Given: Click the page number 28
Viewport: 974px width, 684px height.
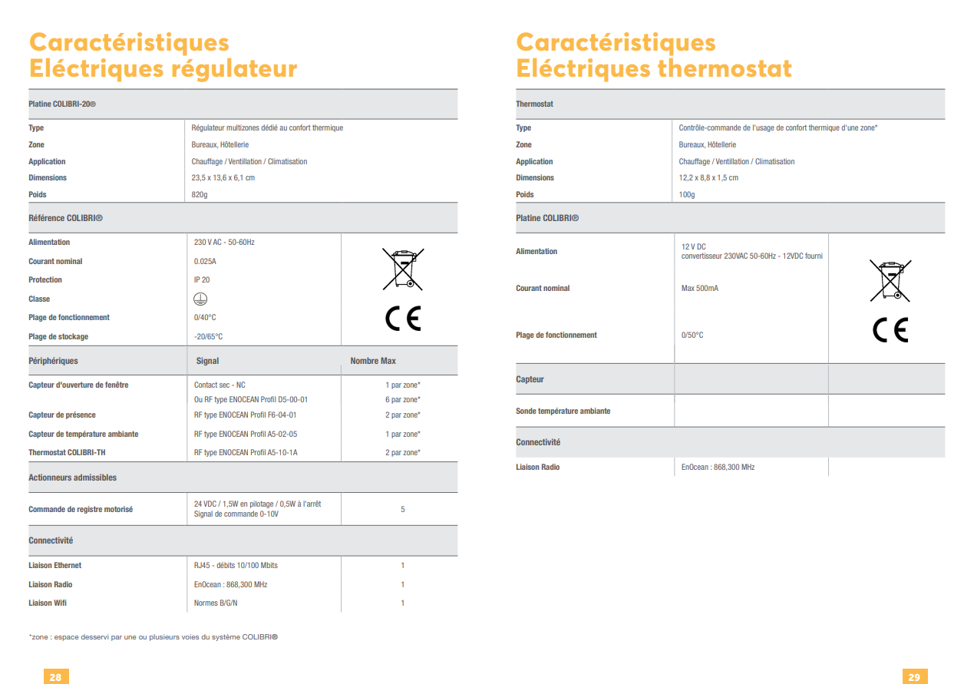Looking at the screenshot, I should [x=55, y=676].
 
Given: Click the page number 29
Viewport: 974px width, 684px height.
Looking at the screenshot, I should [x=914, y=676].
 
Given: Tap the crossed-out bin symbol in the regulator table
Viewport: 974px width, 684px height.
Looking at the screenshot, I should [x=403, y=269].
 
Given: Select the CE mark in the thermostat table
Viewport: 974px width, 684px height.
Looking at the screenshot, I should [x=890, y=329].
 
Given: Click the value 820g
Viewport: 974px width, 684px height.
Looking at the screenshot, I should [x=200, y=195].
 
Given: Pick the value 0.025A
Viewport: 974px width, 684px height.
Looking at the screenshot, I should [x=205, y=262].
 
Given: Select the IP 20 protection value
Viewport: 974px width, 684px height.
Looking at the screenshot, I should [x=202, y=280].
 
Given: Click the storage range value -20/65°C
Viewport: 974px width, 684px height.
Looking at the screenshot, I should [x=208, y=337].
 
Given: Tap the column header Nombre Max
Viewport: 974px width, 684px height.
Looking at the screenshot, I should [x=373, y=361].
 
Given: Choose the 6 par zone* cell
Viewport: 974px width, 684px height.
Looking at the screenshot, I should [x=403, y=400].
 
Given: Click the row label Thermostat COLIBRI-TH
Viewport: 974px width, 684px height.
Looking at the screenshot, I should [x=67, y=453].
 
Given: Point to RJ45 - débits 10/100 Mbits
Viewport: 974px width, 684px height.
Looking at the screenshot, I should [x=236, y=566].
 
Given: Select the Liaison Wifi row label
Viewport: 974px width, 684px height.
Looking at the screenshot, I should [x=48, y=603].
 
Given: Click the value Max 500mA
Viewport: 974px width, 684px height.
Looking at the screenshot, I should [x=699, y=289].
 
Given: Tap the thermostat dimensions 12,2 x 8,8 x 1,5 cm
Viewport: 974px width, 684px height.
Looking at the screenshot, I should [x=708, y=178].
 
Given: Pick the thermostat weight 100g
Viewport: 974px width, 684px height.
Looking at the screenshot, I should [x=687, y=195].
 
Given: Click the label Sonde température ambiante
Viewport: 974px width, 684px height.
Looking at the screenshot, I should [x=563, y=411].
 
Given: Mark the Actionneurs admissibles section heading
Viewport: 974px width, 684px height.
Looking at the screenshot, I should [x=73, y=477].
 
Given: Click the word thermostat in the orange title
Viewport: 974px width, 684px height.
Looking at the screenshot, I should [x=723, y=69].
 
